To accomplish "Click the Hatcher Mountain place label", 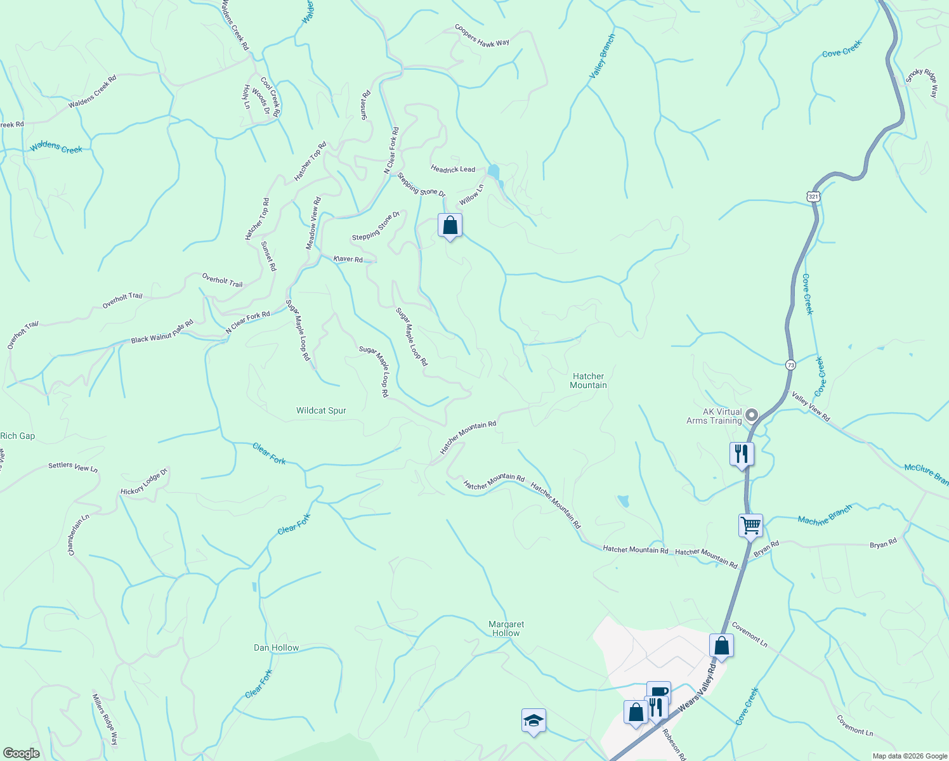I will pos(588,380).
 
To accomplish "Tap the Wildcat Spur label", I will pos(321,411).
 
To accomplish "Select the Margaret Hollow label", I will pos(506,628).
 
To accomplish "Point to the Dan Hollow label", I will pos(276,647).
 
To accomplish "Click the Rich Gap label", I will pos(18,436).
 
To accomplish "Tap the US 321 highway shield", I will pos(814,197).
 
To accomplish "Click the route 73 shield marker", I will pos(790,365).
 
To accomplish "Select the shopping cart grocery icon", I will pos(750,525).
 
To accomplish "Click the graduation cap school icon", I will pos(533,720).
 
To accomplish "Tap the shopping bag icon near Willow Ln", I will pos(450,225).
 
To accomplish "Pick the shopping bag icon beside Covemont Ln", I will pos(721,646).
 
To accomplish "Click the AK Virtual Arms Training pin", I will pos(752,416).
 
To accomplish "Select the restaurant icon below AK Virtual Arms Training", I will pos(742,453).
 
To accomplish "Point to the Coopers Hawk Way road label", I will pos(482,36).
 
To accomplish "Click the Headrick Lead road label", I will pos(453,169).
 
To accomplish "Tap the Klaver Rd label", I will pos(348,259).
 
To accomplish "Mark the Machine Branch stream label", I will pos(825,516).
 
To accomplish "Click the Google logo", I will pos(21,753).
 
